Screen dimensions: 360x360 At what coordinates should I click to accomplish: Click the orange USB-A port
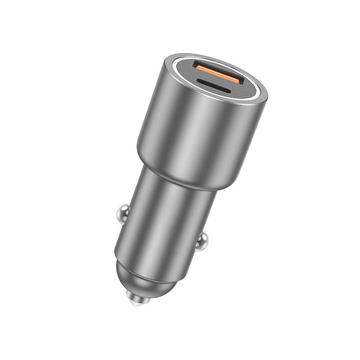point(219,72)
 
